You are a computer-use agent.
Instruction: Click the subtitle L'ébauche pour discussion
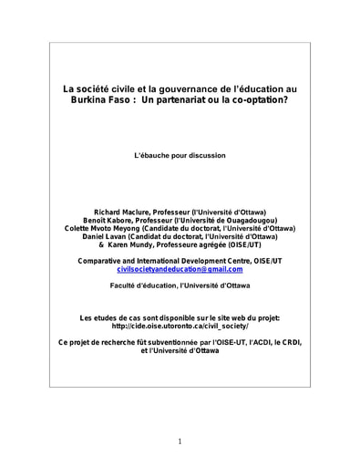click(x=180, y=155)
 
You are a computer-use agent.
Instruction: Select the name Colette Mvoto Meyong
click(x=104, y=229)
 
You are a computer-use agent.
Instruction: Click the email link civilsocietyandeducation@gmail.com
click(x=180, y=270)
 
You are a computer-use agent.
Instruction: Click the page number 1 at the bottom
click(x=180, y=441)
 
